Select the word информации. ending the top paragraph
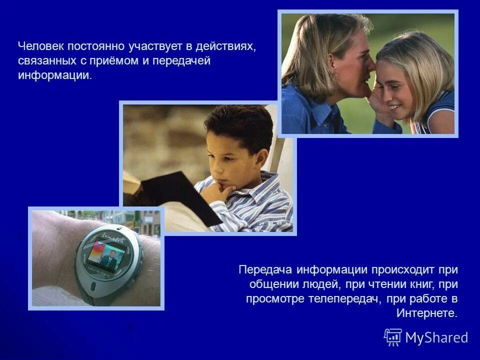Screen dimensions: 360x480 55,76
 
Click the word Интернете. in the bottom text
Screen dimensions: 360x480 427,313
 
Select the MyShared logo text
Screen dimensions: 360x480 436,337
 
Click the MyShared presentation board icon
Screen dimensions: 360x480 393,337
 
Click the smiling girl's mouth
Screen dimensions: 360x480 394,107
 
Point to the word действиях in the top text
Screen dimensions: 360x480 229,46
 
